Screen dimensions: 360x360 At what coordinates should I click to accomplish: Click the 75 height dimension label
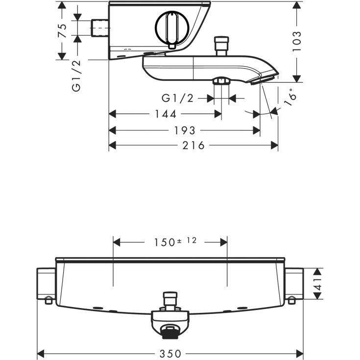click(x=63, y=30)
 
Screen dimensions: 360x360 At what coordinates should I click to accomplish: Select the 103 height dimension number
click(x=297, y=41)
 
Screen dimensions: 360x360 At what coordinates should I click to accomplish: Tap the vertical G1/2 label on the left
click(x=76, y=76)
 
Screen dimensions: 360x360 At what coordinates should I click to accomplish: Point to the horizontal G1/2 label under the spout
click(x=178, y=98)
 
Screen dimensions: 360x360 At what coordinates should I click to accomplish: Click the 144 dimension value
click(x=166, y=114)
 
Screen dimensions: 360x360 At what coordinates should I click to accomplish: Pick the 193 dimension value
click(x=185, y=131)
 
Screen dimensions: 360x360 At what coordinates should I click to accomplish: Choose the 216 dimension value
click(x=193, y=145)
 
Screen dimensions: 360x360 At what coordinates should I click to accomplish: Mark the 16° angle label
click(x=290, y=97)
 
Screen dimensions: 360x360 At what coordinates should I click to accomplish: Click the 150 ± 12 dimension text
click(x=175, y=242)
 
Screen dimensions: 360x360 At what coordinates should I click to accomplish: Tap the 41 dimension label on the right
click(x=318, y=284)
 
